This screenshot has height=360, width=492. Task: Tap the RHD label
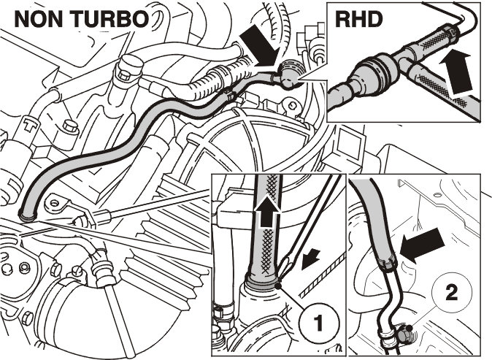tap(359, 20)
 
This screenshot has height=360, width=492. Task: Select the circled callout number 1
tap(318, 323)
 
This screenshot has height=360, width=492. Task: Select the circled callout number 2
tap(452, 294)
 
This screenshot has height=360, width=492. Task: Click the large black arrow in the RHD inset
tap(456, 72)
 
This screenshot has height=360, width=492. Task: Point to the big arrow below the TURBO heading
tap(261, 46)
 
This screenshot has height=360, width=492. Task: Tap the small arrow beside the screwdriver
tap(311, 259)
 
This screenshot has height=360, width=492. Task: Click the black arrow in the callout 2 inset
tap(423, 245)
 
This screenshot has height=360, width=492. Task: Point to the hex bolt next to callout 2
tap(405, 333)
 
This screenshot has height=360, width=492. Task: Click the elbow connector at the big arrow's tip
tap(288, 76)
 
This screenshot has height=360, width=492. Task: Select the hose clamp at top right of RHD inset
tap(452, 34)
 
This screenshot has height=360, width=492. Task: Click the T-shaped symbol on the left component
tap(30, 125)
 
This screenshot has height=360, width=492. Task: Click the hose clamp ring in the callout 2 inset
tap(388, 264)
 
